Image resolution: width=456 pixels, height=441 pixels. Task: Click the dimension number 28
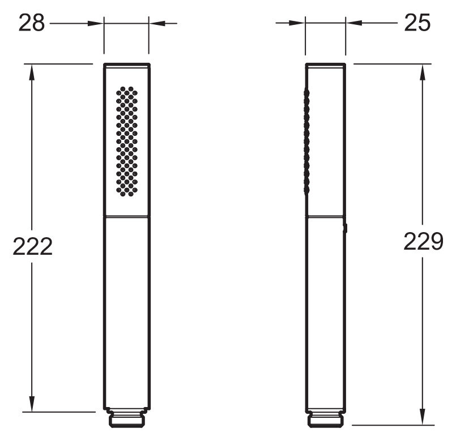(x=32, y=23)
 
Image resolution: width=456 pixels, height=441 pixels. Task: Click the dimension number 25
(x=417, y=23)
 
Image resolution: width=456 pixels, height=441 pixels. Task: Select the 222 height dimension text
(x=33, y=246)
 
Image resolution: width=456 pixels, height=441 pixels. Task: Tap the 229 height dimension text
(x=423, y=241)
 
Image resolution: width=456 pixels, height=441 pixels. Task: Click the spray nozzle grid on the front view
(x=127, y=142)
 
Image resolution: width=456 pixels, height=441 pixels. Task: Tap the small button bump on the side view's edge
(x=346, y=228)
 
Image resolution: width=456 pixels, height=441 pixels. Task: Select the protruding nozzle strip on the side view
(x=306, y=142)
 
